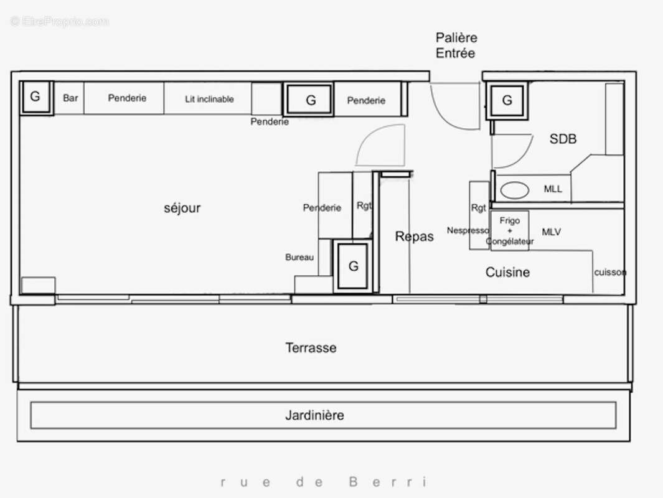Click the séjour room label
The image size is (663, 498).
(x=182, y=208)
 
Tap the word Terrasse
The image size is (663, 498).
(x=311, y=348)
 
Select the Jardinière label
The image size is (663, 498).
(x=314, y=415)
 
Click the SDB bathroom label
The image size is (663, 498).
(x=563, y=139)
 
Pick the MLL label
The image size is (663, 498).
(x=553, y=189)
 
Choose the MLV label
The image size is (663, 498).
(x=551, y=232)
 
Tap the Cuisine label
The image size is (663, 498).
(x=507, y=272)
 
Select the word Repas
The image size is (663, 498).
(x=414, y=237)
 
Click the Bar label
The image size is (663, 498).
(x=70, y=98)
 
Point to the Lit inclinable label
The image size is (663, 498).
(x=209, y=99)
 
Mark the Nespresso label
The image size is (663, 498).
(x=468, y=230)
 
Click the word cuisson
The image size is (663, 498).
(x=609, y=273)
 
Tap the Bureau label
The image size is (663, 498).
(x=299, y=257)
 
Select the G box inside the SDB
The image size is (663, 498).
(x=507, y=100)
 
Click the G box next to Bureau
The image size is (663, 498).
(x=353, y=266)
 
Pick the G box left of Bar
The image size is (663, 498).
(x=35, y=96)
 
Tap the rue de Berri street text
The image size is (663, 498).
(x=324, y=482)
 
